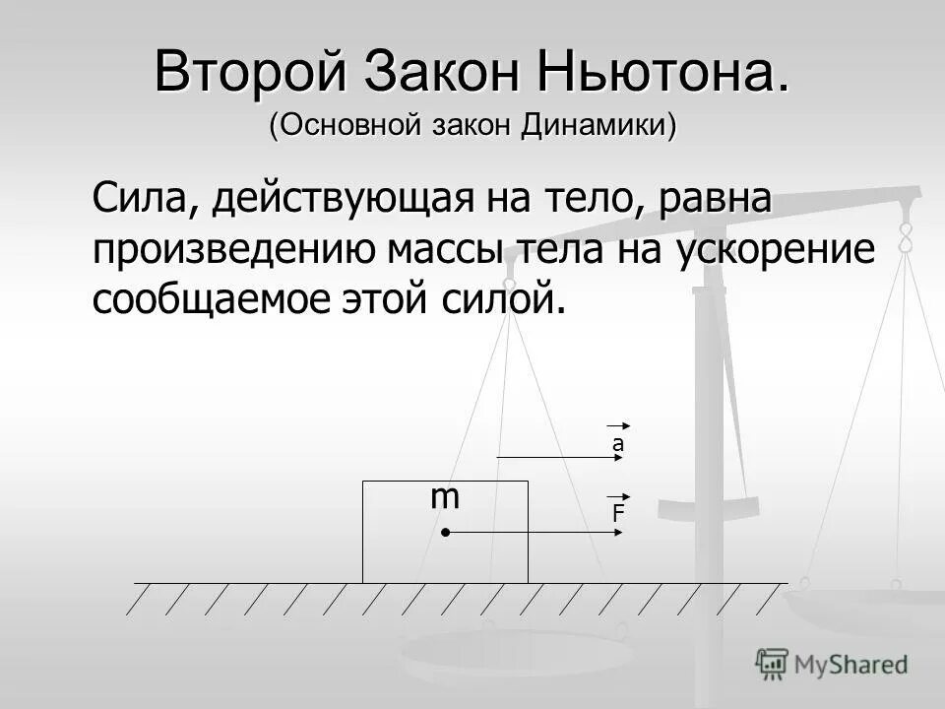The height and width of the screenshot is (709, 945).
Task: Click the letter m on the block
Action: click(445, 497)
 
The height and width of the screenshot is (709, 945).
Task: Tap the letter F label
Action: click(618, 513)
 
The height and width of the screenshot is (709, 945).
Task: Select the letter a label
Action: click(618, 445)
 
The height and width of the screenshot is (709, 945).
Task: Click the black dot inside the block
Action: click(445, 533)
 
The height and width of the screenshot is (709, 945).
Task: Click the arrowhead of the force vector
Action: click(620, 533)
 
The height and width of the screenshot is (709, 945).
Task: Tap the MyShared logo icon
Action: click(773, 663)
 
